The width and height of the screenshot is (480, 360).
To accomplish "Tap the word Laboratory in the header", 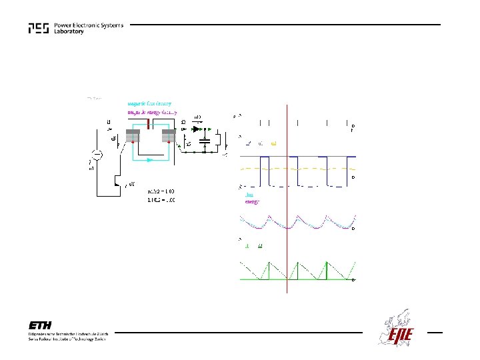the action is point(69,32).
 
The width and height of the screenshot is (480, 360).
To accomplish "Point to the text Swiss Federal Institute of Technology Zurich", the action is point(67,339).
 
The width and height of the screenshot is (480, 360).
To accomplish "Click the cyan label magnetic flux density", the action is point(149,103).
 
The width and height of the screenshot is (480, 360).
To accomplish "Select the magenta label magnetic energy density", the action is point(151,112).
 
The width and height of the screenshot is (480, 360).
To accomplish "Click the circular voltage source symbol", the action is point(97,155).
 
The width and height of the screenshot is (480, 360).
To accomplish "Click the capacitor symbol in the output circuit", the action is point(205,141).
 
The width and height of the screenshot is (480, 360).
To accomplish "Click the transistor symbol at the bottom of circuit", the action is point(118,183).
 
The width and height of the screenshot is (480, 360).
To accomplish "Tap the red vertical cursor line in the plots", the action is point(286,200).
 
